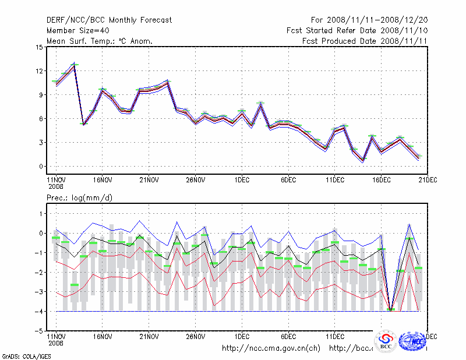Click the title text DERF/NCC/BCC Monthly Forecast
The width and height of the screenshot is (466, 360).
[x=109, y=20]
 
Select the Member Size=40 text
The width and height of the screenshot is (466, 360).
[x=77, y=30]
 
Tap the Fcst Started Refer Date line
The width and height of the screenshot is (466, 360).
[x=357, y=30]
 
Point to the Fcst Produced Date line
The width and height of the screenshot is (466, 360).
[x=365, y=41]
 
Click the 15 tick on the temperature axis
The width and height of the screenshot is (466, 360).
[x=40, y=47]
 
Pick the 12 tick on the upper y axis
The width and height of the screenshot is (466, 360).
[x=40, y=71]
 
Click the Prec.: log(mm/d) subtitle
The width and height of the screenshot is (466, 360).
[x=80, y=198]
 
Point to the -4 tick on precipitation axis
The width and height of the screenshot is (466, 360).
[x=38, y=312]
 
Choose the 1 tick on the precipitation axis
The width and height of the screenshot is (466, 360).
[x=41, y=214]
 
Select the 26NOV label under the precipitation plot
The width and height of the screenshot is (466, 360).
[x=195, y=336]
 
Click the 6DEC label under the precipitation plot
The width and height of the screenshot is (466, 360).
[x=288, y=336]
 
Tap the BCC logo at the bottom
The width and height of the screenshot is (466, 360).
[x=385, y=342]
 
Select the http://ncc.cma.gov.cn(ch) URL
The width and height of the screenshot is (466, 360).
[x=271, y=348]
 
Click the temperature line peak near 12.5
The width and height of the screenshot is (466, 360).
[x=75, y=65]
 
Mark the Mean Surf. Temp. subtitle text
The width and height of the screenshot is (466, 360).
[x=100, y=41]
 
